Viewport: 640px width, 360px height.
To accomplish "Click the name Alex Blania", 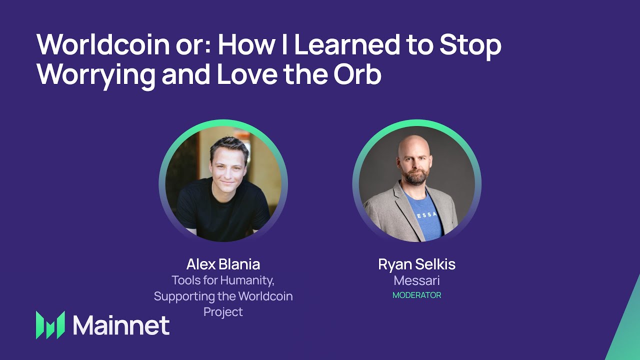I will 223,264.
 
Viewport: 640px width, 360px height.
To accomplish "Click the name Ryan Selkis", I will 416,264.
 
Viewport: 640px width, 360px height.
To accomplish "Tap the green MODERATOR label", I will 416,295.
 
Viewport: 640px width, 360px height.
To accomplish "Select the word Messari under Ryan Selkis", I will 416,280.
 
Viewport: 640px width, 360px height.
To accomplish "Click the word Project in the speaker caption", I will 223,311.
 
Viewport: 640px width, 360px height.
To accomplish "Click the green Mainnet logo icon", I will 50,325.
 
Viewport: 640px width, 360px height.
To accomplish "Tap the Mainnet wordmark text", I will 121,325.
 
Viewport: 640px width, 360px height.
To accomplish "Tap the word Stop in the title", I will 470,45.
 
